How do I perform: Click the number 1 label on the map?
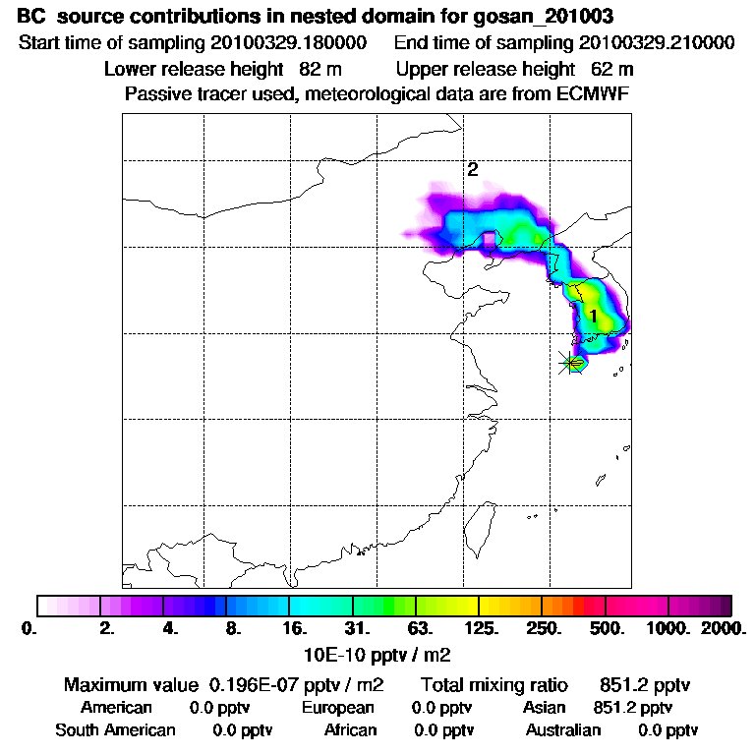(593, 315)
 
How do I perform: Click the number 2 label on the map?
(472, 169)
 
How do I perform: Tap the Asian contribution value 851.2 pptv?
(633, 708)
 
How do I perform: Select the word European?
(338, 708)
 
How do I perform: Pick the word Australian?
(563, 730)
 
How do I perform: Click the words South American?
(115, 730)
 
